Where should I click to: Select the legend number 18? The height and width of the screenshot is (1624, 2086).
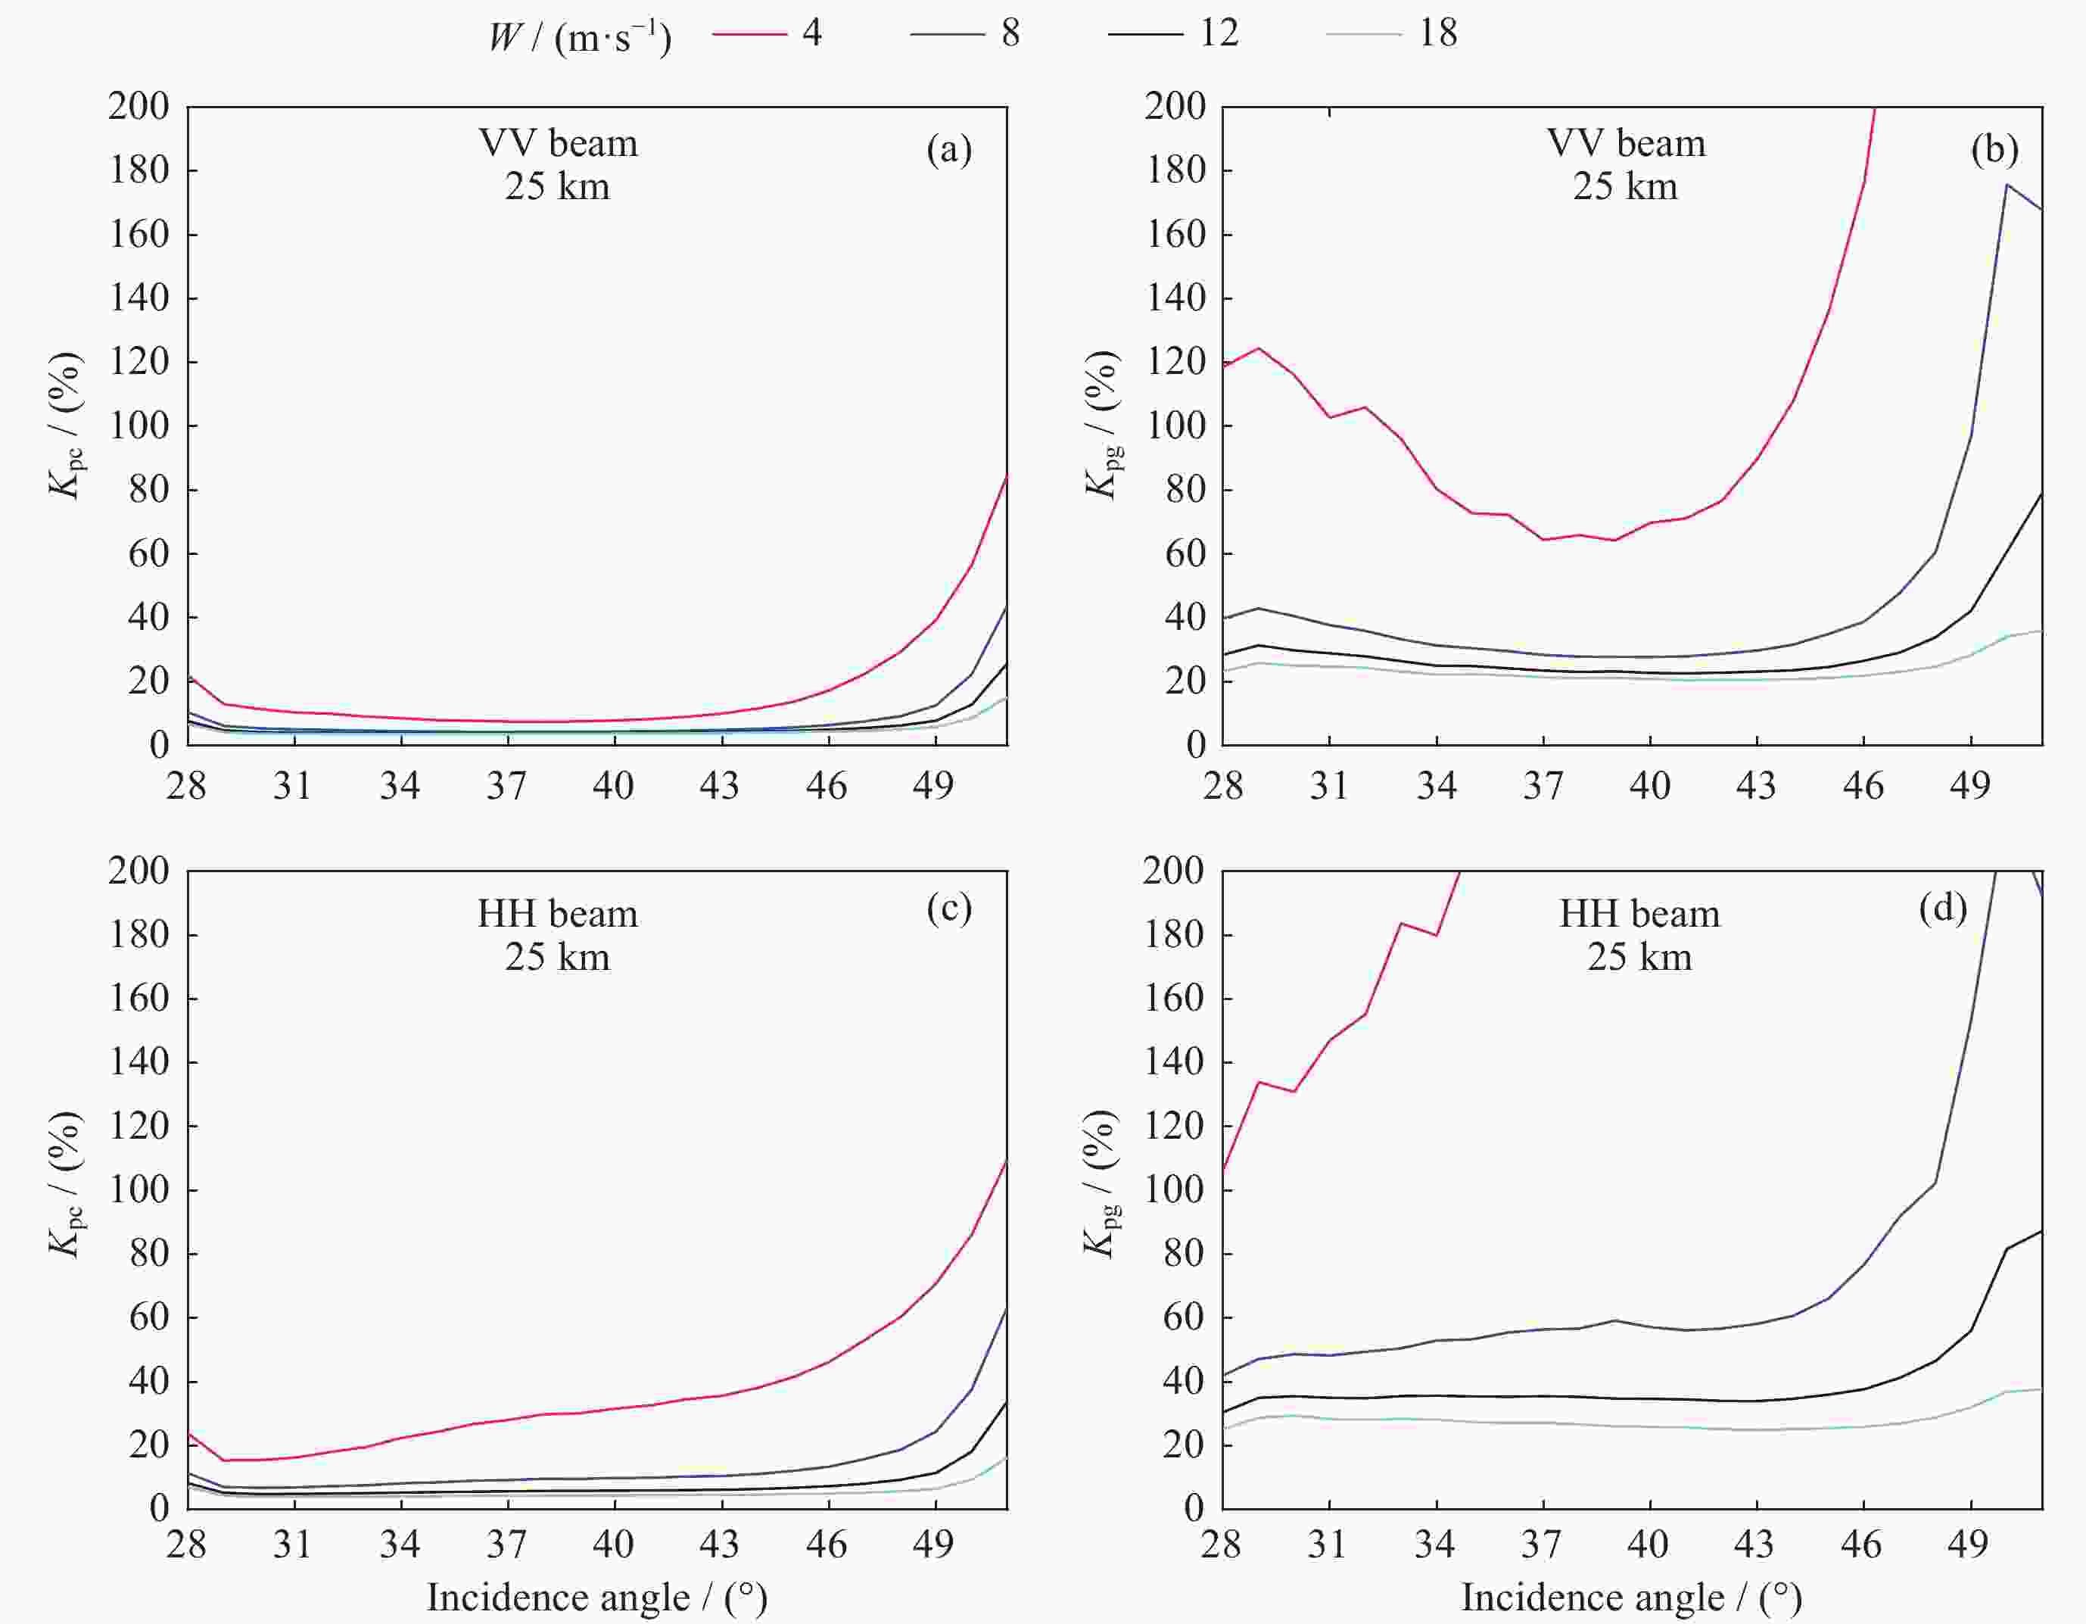tap(1437, 33)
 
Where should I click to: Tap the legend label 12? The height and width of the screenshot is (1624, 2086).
tap(1219, 33)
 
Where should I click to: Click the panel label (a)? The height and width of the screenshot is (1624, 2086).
tap(948, 149)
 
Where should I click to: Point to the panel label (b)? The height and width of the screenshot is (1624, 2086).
tap(1994, 149)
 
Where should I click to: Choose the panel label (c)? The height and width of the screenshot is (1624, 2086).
tap(948, 909)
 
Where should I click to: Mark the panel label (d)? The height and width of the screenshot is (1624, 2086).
tap(1943, 909)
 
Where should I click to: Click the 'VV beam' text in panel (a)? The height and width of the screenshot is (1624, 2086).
tap(558, 143)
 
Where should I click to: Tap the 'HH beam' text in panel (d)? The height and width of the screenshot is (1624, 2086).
tap(1639, 915)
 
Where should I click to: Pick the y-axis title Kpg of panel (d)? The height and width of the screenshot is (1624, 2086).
tap(1101, 1185)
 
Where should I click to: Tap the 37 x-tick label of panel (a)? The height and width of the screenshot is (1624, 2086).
tap(506, 786)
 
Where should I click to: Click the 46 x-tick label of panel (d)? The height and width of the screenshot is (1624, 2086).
tap(1861, 1545)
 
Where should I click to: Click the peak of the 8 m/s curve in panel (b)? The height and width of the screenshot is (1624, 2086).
tap(2007, 185)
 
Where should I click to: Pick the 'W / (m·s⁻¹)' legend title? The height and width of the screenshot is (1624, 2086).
tap(580, 36)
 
